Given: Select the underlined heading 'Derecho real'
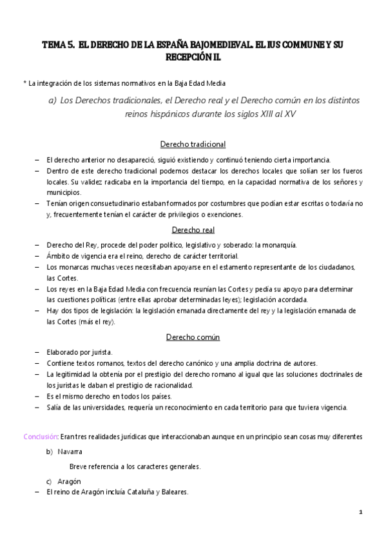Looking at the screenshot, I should pyautogui.click(x=193, y=230).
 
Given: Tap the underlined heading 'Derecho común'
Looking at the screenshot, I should pyautogui.click(x=193, y=337).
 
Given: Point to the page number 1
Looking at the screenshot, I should pyautogui.click(x=362, y=512).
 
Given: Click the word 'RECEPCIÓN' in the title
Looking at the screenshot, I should pyautogui.click(x=189, y=57).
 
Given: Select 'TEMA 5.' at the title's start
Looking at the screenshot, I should pyautogui.click(x=58, y=45).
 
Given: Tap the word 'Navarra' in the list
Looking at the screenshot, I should pyautogui.click(x=70, y=451).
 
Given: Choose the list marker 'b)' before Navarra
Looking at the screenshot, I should pyautogui.click(x=49, y=451).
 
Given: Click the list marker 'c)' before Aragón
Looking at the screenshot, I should pyautogui.click(x=49, y=481).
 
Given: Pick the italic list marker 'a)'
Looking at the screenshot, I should pyautogui.click(x=53, y=101).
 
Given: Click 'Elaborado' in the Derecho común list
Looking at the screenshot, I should pyautogui.click(x=63, y=352).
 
